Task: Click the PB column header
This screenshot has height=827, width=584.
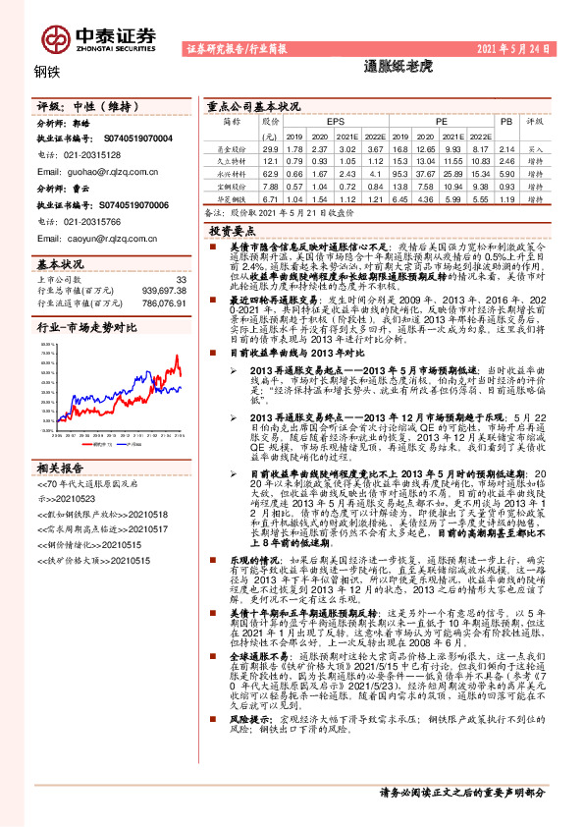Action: click(506, 122)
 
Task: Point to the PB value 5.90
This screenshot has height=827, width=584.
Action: click(506, 171)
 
